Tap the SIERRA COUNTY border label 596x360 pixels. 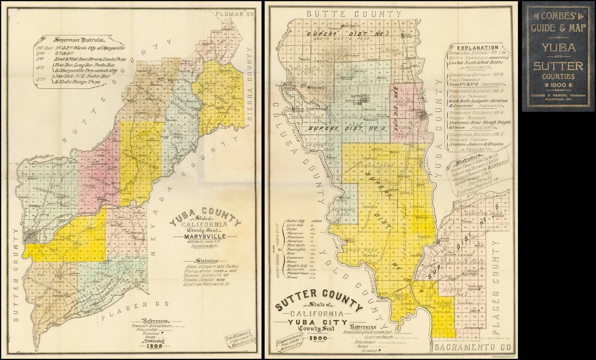tap(250, 102)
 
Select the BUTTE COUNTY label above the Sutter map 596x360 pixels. tap(354, 14)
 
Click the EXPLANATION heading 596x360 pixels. tap(477, 47)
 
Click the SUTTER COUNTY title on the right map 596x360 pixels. tap(319, 300)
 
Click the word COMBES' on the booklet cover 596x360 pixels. tap(558, 15)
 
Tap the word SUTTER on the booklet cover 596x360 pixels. tap(558, 65)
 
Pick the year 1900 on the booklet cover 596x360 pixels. tap(558, 84)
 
